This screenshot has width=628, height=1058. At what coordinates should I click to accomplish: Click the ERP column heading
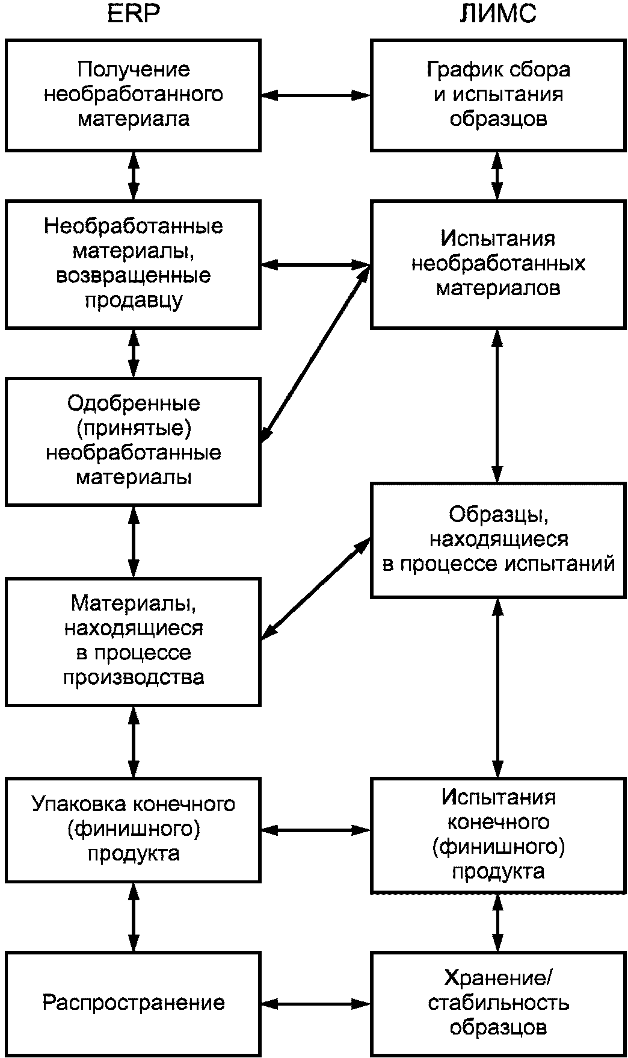(x=134, y=13)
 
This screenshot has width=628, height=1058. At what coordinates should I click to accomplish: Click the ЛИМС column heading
(x=497, y=13)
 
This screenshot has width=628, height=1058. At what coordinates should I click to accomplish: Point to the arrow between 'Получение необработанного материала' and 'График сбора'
(x=316, y=95)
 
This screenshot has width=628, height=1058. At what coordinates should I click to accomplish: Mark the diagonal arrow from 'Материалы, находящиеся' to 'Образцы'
(x=316, y=588)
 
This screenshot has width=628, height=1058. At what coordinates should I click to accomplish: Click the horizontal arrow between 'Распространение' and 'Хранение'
(x=316, y=1003)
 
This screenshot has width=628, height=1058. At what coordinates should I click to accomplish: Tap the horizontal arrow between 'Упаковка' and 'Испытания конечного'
(x=316, y=830)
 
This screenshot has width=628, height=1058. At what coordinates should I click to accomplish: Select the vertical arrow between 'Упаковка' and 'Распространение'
(x=134, y=917)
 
